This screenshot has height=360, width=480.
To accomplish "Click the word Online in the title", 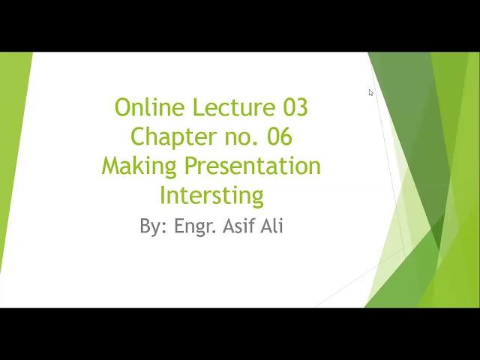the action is pyautogui.click(x=150, y=106).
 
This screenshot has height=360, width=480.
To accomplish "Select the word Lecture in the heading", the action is pyautogui.click(x=234, y=106).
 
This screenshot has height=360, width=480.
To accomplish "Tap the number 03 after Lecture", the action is pyautogui.click(x=295, y=107).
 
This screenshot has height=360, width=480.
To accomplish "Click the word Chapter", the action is pyautogui.click(x=174, y=136).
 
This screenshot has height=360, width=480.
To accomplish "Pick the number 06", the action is pyautogui.click(x=280, y=136).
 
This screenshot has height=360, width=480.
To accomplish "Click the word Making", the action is pyautogui.click(x=139, y=166).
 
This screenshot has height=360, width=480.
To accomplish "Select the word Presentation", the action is pyautogui.click(x=253, y=166).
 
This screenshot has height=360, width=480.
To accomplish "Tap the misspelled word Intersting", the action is pyautogui.click(x=211, y=196).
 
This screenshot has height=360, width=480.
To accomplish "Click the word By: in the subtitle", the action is pyautogui.click(x=153, y=226).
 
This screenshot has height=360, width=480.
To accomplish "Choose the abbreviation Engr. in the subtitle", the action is pyautogui.click(x=194, y=226).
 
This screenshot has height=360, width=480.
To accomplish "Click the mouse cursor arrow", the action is pyautogui.click(x=370, y=92).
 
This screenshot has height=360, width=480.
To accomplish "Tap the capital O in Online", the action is pyautogui.click(x=124, y=107).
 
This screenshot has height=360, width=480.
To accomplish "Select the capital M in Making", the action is pyautogui.click(x=111, y=166).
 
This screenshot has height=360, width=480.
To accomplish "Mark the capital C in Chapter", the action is pyautogui.click(x=138, y=136).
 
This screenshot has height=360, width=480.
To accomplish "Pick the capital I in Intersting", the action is pyautogui.click(x=162, y=195).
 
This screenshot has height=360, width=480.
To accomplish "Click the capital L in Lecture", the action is pyautogui.click(x=199, y=107).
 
